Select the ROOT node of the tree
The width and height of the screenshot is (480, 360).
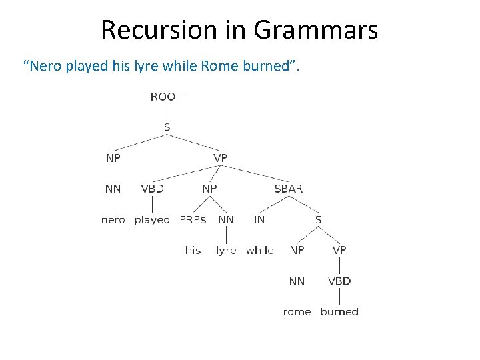click(166, 97)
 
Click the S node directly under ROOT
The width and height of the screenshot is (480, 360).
click(166, 127)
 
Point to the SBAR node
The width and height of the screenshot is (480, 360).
click(288, 189)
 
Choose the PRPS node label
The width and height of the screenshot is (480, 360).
click(193, 219)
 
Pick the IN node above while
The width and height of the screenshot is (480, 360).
click(259, 219)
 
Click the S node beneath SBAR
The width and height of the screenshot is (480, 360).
click(318, 219)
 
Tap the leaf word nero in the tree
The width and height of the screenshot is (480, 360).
click(113, 220)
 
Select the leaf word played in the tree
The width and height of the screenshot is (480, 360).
click(152, 220)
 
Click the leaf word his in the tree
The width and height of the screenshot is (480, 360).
click(193, 251)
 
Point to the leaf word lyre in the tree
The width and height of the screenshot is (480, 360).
click(226, 251)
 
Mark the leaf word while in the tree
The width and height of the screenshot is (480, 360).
click(259, 251)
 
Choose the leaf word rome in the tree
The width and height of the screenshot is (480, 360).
click(297, 312)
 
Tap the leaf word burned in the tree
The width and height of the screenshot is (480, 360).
click(339, 312)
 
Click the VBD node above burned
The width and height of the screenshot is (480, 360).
click(339, 281)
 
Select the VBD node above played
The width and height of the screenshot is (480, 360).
click(152, 189)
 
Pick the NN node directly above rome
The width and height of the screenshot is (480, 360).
click(297, 281)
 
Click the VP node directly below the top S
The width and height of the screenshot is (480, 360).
click(220, 158)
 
